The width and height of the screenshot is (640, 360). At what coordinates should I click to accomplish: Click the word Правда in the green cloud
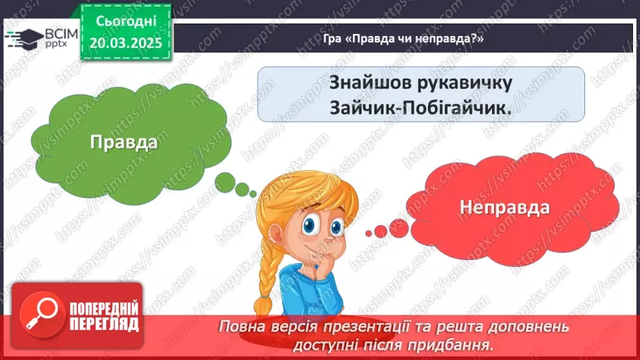pos(124,142)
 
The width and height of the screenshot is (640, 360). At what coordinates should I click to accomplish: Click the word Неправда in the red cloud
pos(504,206)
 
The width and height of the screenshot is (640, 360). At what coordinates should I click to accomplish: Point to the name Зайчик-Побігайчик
pos(421,108)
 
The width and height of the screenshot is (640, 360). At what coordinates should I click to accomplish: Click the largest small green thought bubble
pos(226,181)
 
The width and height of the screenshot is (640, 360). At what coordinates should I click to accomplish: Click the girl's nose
pos(314,239)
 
